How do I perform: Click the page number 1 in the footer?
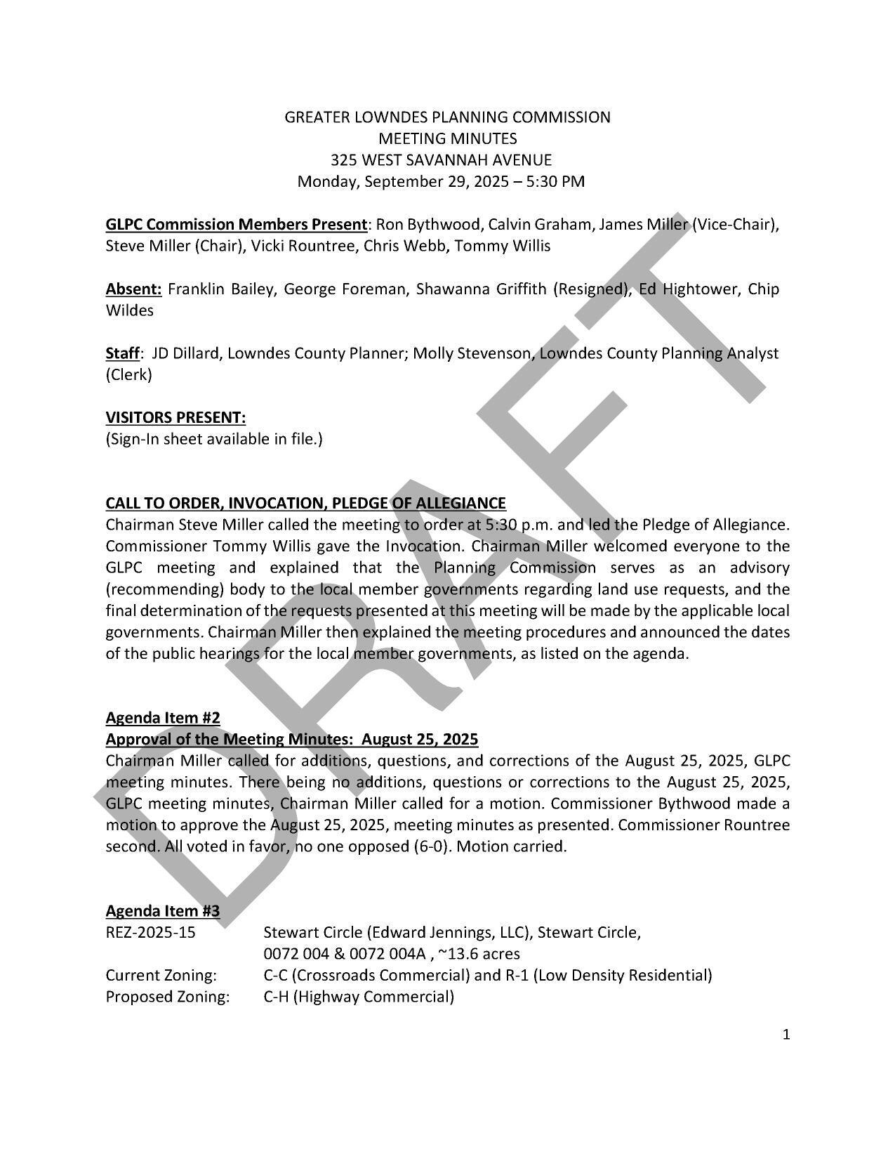pos(786,1034)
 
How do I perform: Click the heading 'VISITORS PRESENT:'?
pos(175,417)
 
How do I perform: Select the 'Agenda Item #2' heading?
pos(163,717)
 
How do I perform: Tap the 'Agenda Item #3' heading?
pos(163,910)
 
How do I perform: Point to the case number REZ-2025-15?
pos(151,932)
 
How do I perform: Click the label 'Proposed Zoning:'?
pos(168,997)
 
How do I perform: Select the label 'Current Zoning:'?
pos(161,975)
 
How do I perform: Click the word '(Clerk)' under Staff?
pos(128,374)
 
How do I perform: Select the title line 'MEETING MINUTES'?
pos(447,138)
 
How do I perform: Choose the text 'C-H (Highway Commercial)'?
pos(359,997)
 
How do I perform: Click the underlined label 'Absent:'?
pos(134,289)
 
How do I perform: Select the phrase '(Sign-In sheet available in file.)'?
pos(214,439)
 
